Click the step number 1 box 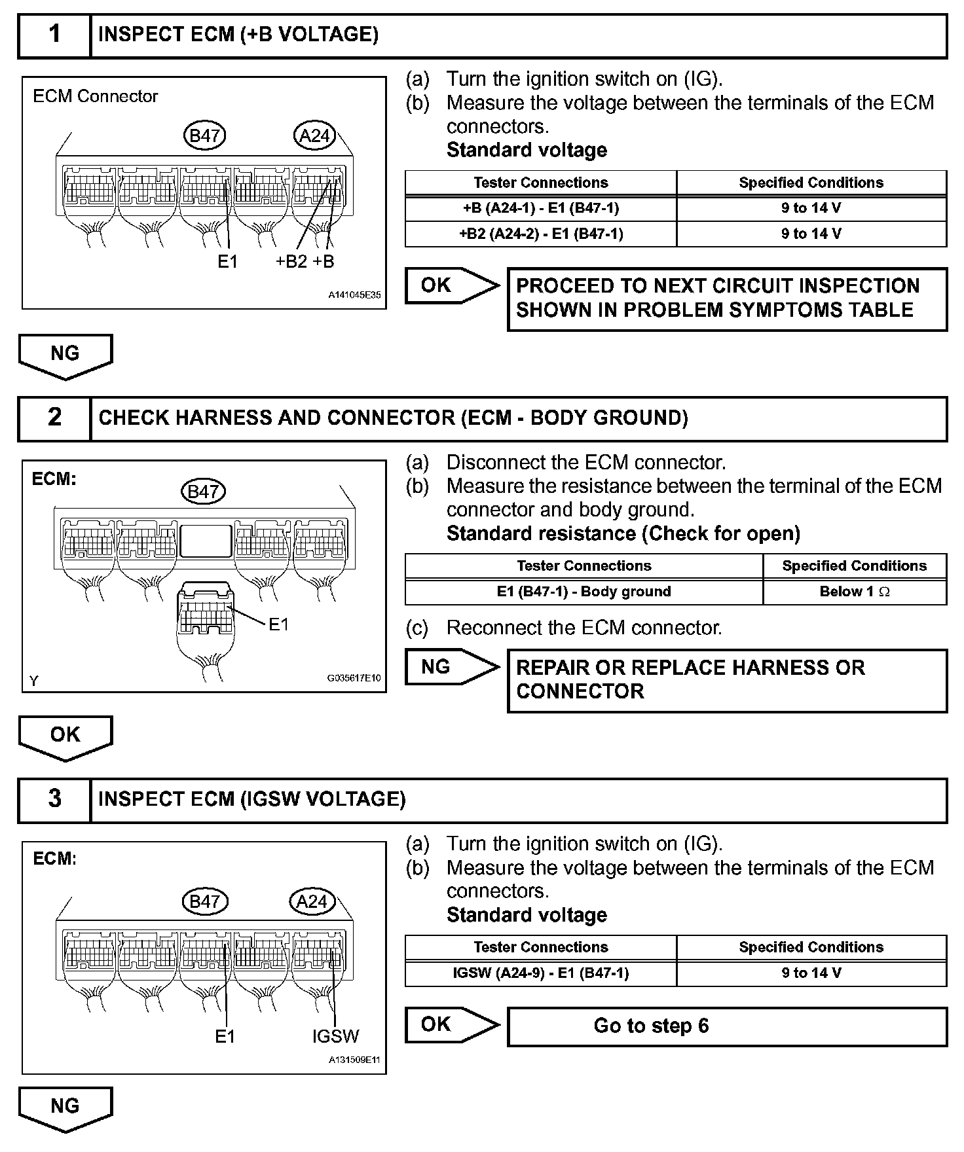[54, 35]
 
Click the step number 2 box [54, 418]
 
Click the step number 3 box [54, 800]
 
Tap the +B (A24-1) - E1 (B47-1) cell [540, 208]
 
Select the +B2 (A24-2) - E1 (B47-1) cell [540, 234]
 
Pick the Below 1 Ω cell [854, 592]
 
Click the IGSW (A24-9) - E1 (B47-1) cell [540, 973]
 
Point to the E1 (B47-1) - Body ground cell [584, 592]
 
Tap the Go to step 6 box [727, 1026]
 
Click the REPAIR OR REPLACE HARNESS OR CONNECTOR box [727, 680]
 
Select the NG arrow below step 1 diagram [65, 355]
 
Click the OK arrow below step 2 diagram [65, 736]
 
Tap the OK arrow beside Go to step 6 [451, 1024]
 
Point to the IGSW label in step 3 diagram [335, 1036]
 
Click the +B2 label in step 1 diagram [291, 262]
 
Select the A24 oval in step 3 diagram [312, 901]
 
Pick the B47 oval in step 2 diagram [203, 491]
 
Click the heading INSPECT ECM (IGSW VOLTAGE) [252, 800]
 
